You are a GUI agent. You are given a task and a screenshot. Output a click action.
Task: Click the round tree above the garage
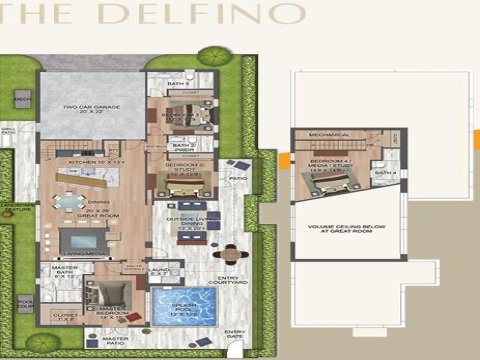(x=212, y=57)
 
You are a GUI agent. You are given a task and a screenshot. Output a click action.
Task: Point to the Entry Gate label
(x=234, y=336)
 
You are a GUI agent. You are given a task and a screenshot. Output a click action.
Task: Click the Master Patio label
(x=115, y=341)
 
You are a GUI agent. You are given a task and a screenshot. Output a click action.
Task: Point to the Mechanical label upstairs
(x=328, y=134)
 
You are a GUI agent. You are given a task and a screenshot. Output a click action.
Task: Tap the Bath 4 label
(x=385, y=173)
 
